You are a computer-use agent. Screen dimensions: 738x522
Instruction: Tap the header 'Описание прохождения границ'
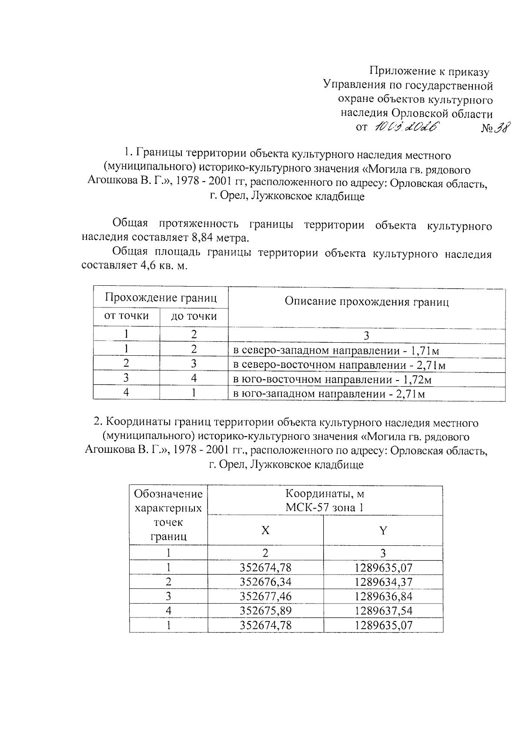pyautogui.click(x=366, y=302)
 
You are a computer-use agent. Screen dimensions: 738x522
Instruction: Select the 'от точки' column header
pyautogui.click(x=126, y=316)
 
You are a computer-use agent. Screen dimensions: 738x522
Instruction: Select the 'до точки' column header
pyautogui.click(x=194, y=317)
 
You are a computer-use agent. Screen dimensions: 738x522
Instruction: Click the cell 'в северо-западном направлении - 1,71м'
pyautogui.click(x=338, y=351)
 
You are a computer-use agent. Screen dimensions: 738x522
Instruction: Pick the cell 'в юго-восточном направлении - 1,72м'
pyautogui.click(x=332, y=380)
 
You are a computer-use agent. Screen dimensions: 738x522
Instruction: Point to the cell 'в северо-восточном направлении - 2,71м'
pyautogui.click(x=339, y=365)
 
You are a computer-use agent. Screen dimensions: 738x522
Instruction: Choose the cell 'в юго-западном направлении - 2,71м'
pyautogui.click(x=329, y=394)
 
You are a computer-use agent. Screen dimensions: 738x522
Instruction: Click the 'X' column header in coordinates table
pyautogui.click(x=265, y=530)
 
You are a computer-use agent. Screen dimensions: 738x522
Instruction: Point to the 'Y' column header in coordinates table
pyautogui.click(x=383, y=530)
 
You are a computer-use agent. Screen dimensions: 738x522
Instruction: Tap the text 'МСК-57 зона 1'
pyautogui.click(x=325, y=507)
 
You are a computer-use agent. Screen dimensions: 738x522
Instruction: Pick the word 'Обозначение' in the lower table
pyautogui.click(x=168, y=494)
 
